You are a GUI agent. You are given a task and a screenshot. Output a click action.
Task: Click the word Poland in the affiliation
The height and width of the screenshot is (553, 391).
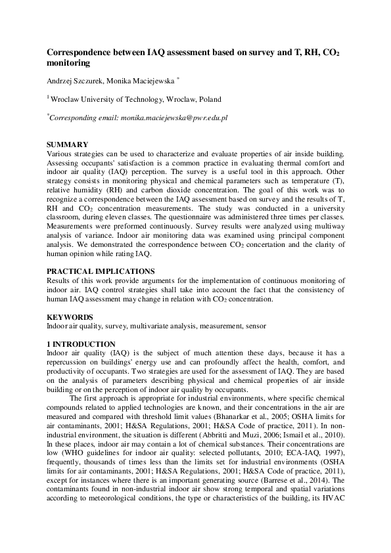coord(208,99)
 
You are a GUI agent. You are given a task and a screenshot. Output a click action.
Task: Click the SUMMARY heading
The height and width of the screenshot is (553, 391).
coord(67,144)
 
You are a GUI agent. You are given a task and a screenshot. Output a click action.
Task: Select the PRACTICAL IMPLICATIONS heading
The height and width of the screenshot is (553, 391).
coord(101,271)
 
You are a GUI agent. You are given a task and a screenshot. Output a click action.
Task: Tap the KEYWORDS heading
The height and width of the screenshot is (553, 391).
coord(70,317)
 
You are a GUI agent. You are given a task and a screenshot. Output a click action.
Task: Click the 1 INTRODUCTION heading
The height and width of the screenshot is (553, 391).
coord(81,344)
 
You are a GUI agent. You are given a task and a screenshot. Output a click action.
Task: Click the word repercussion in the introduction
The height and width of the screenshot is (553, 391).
coord(68,362)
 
